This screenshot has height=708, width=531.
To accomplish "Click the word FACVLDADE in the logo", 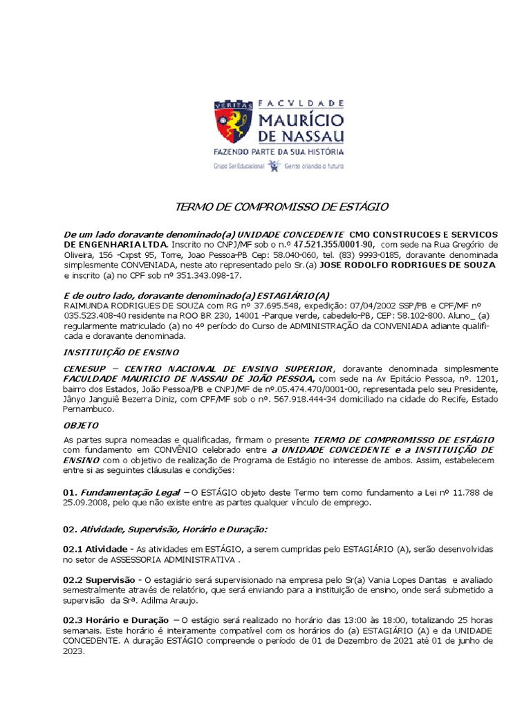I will click(x=301, y=103).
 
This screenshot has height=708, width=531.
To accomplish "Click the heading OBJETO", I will click(x=81, y=425).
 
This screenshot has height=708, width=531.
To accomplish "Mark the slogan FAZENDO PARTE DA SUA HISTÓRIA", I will click(x=278, y=151).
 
